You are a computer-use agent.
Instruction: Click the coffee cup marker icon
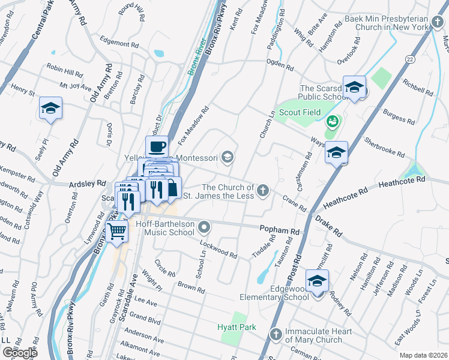157,146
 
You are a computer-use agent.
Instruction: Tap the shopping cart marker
117,230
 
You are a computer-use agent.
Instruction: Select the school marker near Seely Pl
51,109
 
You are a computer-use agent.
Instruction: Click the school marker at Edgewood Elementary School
317,281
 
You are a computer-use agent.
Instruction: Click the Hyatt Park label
237,327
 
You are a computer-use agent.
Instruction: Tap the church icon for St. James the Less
262,191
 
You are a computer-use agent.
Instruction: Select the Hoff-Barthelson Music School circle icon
205,227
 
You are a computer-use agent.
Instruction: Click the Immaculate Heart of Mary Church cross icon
275,333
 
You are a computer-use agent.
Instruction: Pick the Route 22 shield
410,58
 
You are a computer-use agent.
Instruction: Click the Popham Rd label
279,230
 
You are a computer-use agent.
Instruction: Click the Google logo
20,353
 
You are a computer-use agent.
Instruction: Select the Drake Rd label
329,227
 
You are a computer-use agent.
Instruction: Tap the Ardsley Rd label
83,184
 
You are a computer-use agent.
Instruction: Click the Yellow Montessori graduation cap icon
227,158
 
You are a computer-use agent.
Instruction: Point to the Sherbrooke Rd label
384,146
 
